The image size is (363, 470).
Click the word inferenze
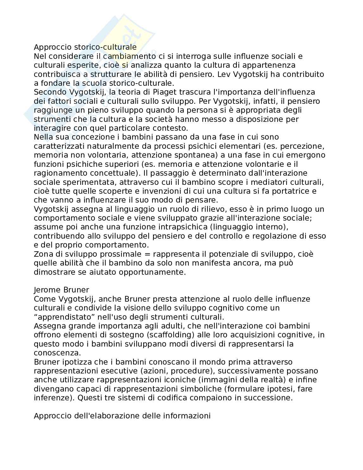pos(52,398)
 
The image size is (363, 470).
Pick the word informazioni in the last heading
pos(187,416)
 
